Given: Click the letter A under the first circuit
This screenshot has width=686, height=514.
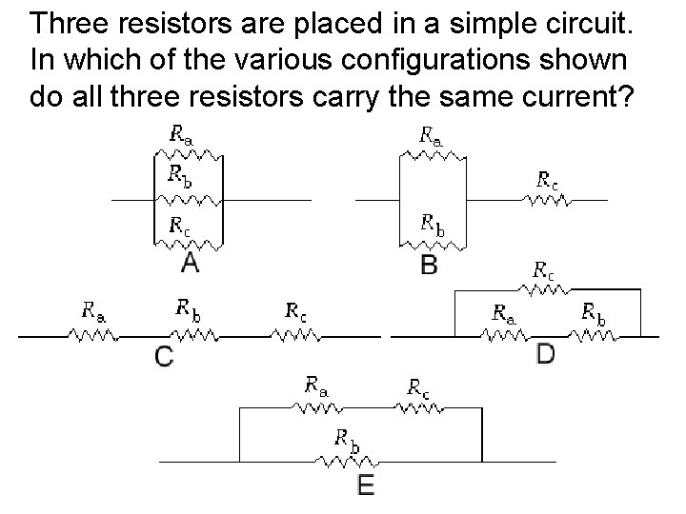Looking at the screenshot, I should [x=191, y=260].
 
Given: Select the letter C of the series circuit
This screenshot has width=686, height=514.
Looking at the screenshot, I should [x=164, y=357].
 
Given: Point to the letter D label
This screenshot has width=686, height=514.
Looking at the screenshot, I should [x=546, y=354].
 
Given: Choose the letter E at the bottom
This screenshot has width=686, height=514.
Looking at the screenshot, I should [x=366, y=485].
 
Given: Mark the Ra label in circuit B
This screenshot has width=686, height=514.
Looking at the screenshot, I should [x=431, y=134].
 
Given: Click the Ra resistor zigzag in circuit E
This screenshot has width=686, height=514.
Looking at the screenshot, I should [x=316, y=407].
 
